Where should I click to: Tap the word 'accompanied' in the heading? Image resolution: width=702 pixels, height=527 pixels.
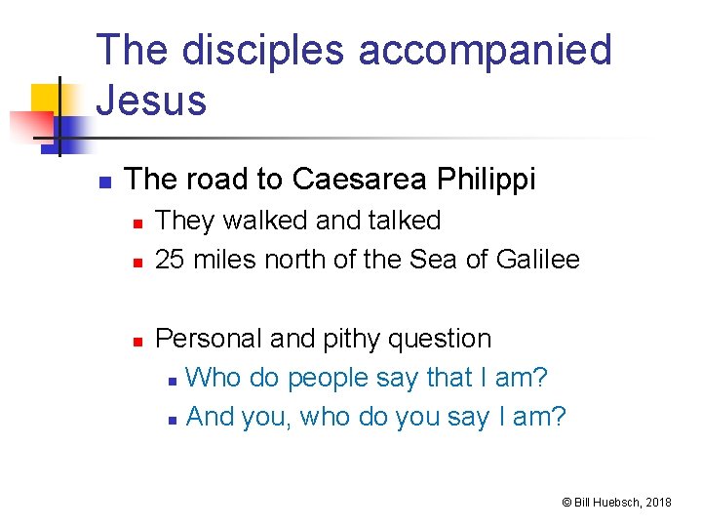pos(485,51)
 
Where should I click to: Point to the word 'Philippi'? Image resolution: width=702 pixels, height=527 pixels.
pos(487,180)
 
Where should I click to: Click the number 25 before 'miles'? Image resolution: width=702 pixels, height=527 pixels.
pos(171,260)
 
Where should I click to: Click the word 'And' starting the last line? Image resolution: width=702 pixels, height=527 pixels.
pos(210,417)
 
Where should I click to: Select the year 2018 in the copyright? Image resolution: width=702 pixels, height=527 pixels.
pos(657,502)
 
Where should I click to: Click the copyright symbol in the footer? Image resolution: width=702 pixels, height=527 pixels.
pos(565,502)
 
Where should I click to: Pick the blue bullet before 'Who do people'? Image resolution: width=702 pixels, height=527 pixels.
pos(172,380)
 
